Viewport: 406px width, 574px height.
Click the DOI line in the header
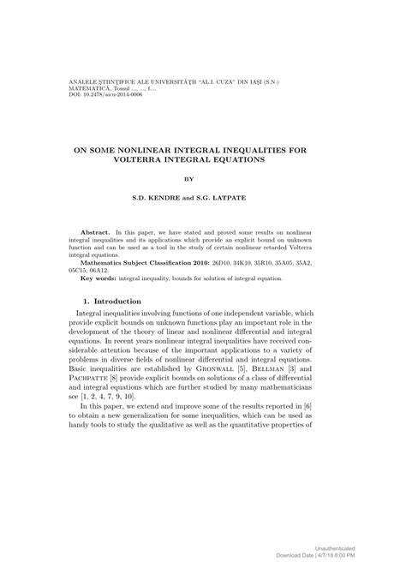pos(94,94)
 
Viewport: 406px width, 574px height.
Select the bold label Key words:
pos(99,279)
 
